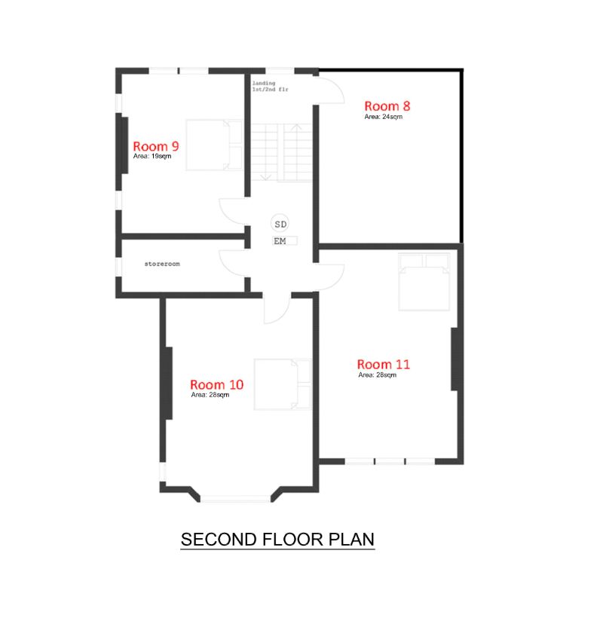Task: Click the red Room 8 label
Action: [387, 106]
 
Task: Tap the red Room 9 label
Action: [156, 146]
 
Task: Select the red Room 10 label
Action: [217, 384]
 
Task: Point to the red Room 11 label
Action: [384, 364]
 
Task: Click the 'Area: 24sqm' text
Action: [383, 117]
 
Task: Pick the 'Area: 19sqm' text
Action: [152, 156]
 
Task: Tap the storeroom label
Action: [162, 264]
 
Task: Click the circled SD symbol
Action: [280, 224]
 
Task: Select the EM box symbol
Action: [285, 240]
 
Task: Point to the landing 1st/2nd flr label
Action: [270, 86]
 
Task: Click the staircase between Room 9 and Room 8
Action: [281, 152]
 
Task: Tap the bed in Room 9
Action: [214, 145]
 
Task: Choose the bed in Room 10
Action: [283, 384]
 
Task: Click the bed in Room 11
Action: [424, 282]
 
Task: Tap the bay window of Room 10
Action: [235, 499]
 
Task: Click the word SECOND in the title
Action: [219, 540]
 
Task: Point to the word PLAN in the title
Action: [351, 540]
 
